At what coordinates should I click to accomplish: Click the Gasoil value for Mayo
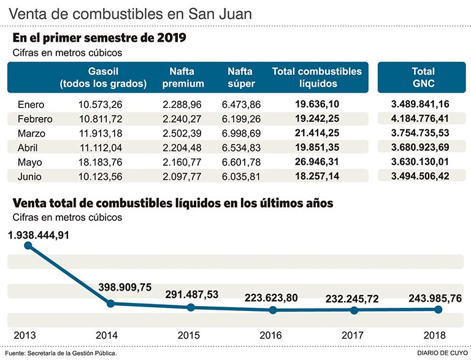pos(101,163)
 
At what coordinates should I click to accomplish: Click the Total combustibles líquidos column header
pos(317,77)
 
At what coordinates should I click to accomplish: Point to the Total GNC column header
pos(423,77)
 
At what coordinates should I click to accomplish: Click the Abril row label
pos(29,148)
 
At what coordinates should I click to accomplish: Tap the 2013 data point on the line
pos(28,246)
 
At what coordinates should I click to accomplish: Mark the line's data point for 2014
pos(110,303)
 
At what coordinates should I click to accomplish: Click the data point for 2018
pos(438,310)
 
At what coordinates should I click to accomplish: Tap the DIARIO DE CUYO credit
pos(441,353)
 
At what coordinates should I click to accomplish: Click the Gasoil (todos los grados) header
pos(103,77)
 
